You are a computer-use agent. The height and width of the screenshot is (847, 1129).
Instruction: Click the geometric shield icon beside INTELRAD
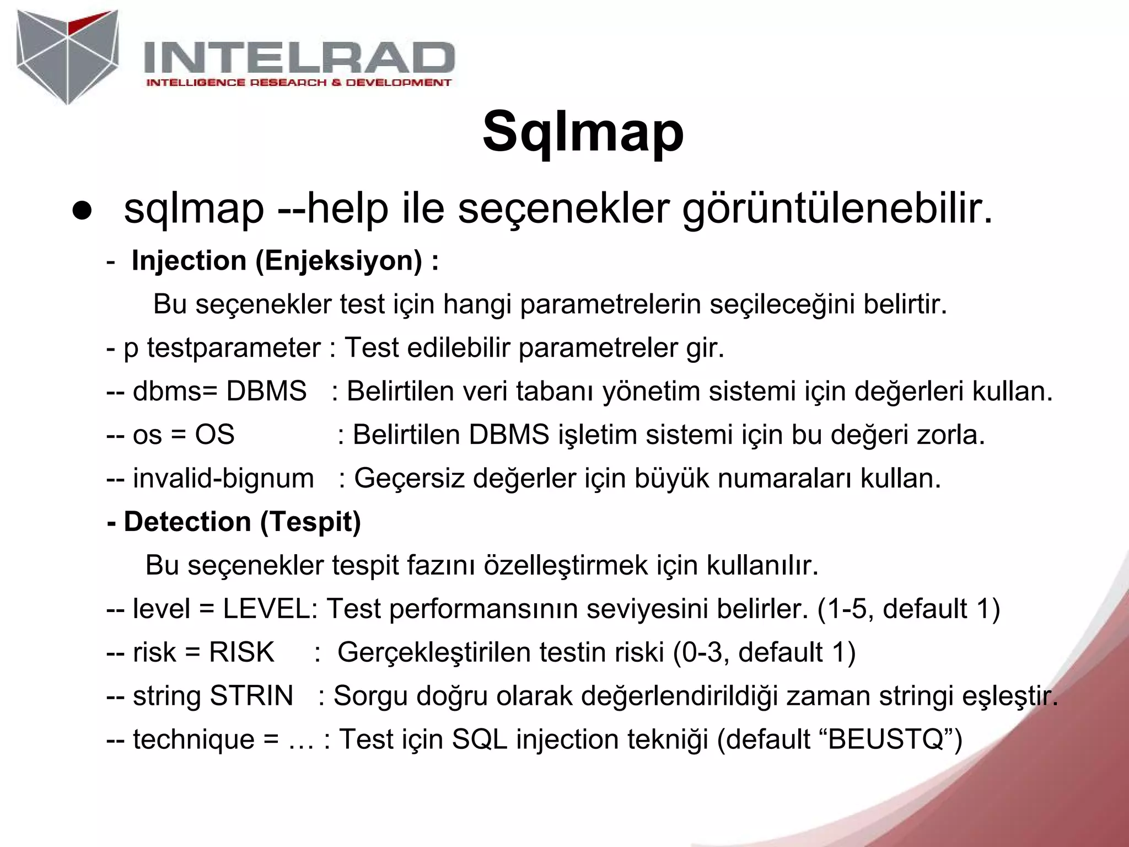point(67,56)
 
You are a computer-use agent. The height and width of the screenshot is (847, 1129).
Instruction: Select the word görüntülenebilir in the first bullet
point(837,210)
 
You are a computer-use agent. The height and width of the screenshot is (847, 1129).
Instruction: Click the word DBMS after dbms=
point(266,392)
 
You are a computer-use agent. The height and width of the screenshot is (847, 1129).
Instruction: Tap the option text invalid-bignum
point(223,479)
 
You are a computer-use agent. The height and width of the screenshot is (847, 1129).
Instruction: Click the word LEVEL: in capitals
point(270,609)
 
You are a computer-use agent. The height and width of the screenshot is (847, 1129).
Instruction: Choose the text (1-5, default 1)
point(908,609)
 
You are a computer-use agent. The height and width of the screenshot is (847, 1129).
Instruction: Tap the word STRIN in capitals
point(251,696)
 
